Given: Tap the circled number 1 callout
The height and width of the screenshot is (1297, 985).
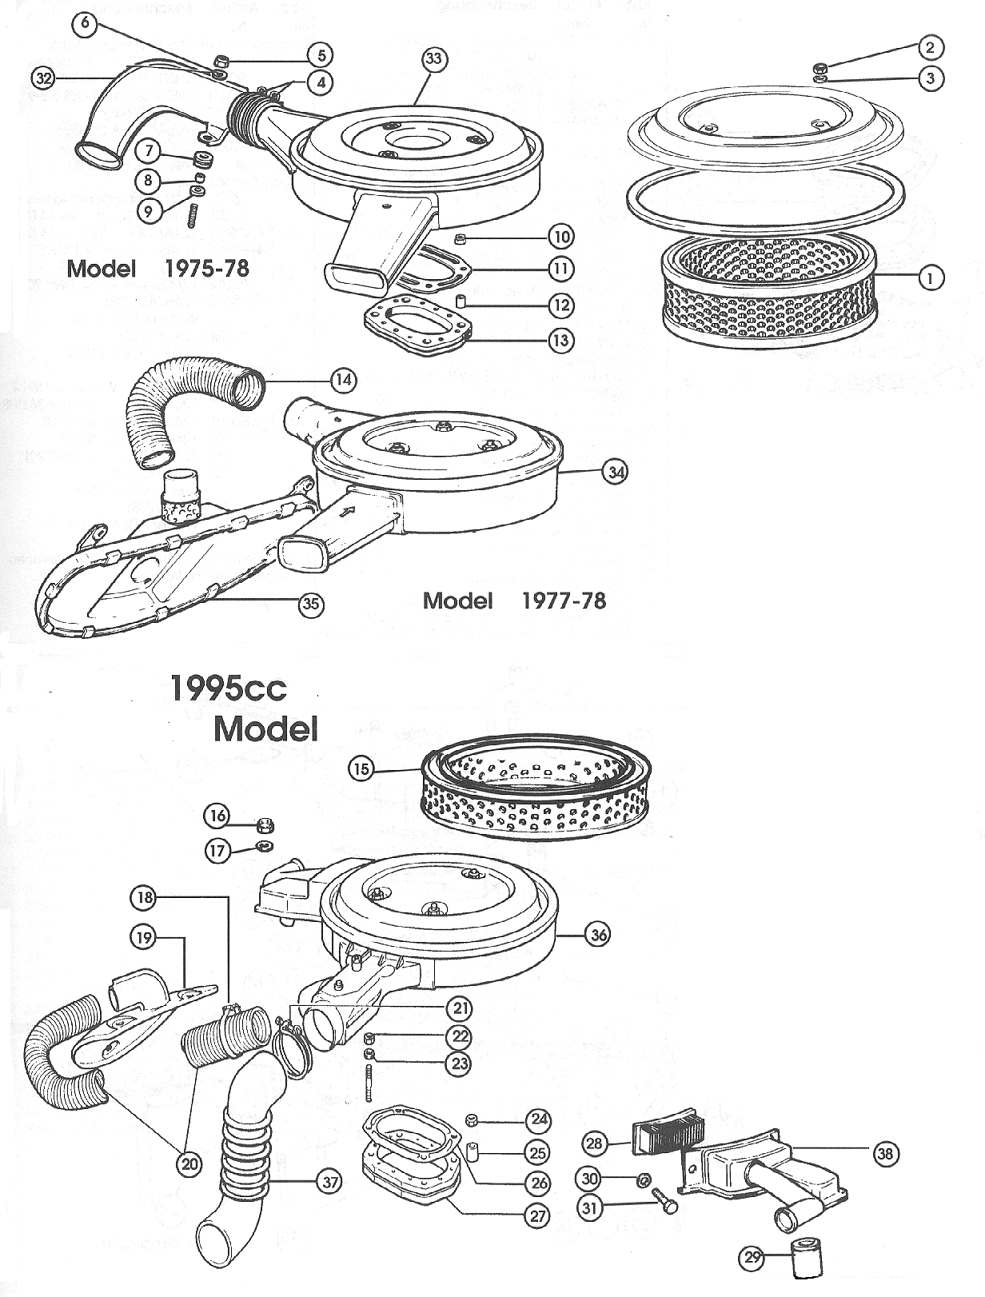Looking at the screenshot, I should pos(930,277).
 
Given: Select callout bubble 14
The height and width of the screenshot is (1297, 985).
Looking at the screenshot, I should pos(344,380).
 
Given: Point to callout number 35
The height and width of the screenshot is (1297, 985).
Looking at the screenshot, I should pos(310,604).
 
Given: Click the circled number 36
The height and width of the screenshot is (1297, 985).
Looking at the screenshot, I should pos(599,934).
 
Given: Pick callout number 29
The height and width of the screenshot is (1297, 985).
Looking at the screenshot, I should pos(752,1258).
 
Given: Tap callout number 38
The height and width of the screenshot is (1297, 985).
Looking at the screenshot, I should pos(884,1153).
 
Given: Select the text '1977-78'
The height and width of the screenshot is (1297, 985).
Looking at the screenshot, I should pos(564,601).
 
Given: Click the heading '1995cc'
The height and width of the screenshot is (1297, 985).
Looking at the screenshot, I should pos(228,688).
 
